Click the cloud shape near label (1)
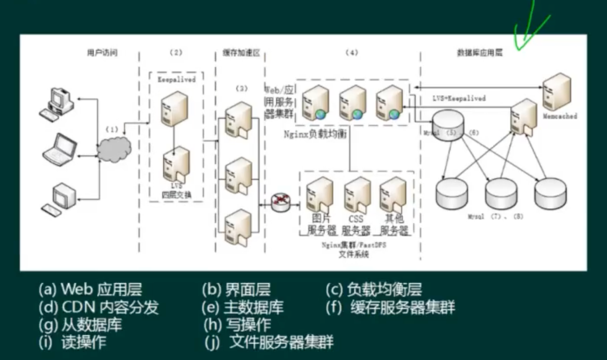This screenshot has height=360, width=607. pos(114,149)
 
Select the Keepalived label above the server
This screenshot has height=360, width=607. pos(177,79)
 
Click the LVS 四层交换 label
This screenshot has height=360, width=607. pos(177,191)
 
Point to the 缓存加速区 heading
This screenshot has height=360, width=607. pos(241,53)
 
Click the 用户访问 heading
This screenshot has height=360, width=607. pos(102,53)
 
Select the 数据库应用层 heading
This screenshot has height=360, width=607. pos(480,53)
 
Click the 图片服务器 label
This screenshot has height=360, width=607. pos(321,224)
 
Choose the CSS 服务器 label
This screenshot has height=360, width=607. pos(356,224)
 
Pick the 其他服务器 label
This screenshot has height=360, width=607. pos(394,224)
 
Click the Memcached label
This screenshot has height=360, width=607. pos(560,116)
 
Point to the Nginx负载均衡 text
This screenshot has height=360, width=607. pos(315,134)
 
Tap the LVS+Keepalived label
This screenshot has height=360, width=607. pos(459,98)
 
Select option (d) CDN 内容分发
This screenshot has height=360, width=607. pos(99,307)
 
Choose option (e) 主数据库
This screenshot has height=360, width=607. pos(243,307)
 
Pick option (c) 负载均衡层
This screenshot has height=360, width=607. pos(374,290)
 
